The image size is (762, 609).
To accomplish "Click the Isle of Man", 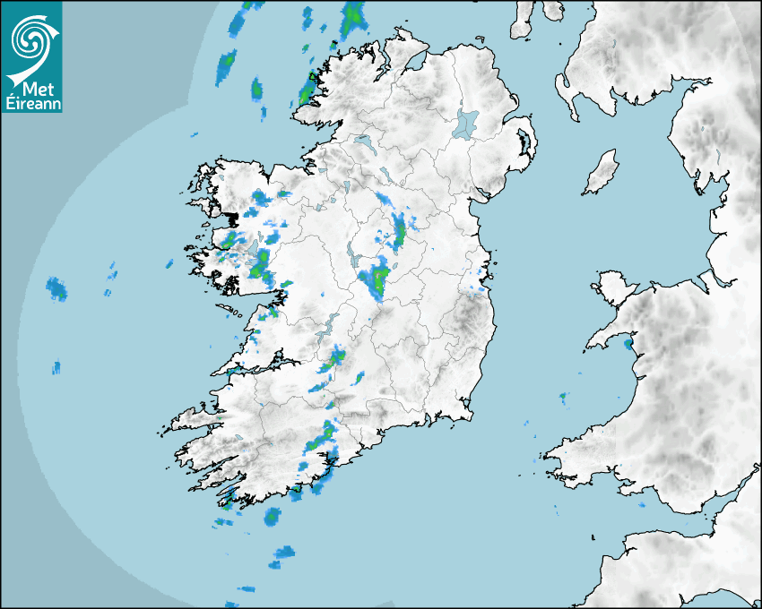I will tap(602, 173).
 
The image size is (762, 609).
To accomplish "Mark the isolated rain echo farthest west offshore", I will tap(56, 288).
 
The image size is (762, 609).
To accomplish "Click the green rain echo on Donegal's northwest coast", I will tap(309, 90).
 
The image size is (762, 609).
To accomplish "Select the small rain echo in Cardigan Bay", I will tap(563, 395).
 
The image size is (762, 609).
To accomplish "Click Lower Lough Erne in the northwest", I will tap(363, 142).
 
